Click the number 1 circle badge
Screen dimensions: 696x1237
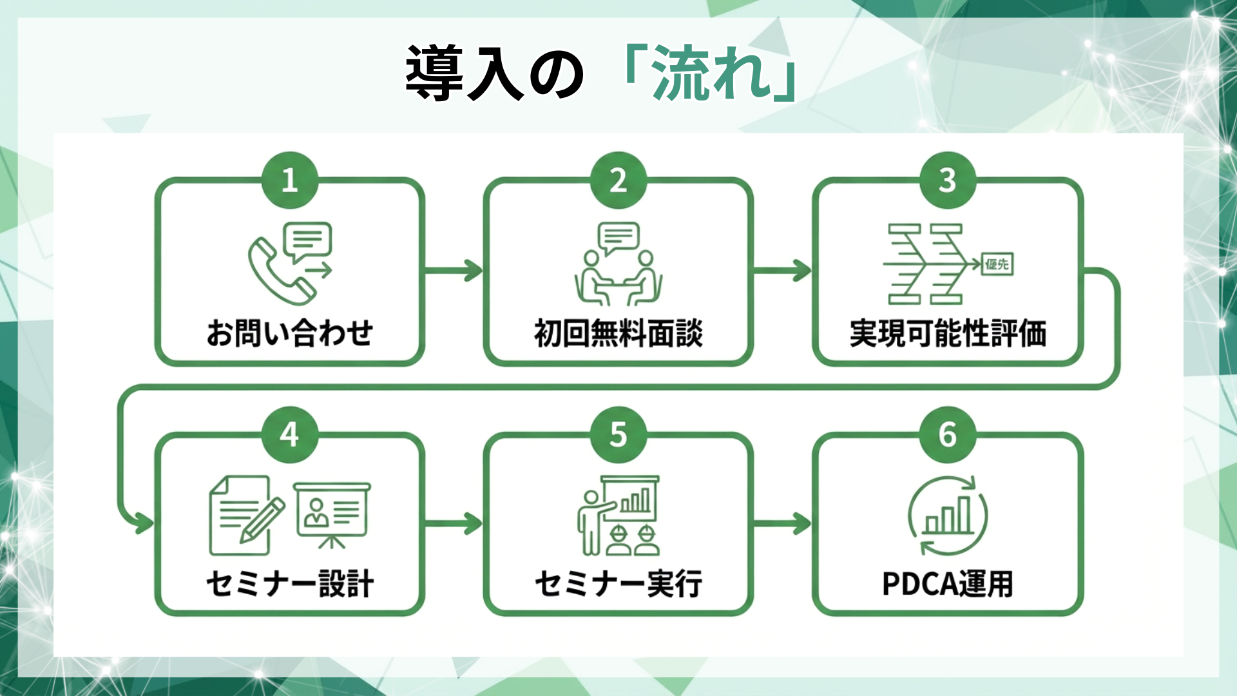tap(290, 180)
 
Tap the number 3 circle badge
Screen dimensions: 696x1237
tap(947, 180)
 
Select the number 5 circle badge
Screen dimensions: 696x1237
tap(618, 435)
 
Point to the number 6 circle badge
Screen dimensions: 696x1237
tap(947, 435)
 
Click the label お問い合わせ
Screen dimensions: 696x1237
tap(290, 333)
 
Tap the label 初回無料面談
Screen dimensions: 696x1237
tap(618, 333)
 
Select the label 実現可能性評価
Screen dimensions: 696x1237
tap(947, 333)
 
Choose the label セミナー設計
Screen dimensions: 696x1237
tap(290, 584)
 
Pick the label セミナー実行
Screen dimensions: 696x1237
tap(618, 584)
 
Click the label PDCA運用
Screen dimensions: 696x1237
tap(947, 584)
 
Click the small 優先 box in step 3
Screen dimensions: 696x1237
tap(997, 264)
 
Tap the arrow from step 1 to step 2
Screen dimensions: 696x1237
tap(454, 271)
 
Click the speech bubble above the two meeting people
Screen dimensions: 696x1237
tap(618, 237)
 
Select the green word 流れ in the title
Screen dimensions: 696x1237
tap(712, 73)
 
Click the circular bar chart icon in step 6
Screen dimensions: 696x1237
tap(947, 516)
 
